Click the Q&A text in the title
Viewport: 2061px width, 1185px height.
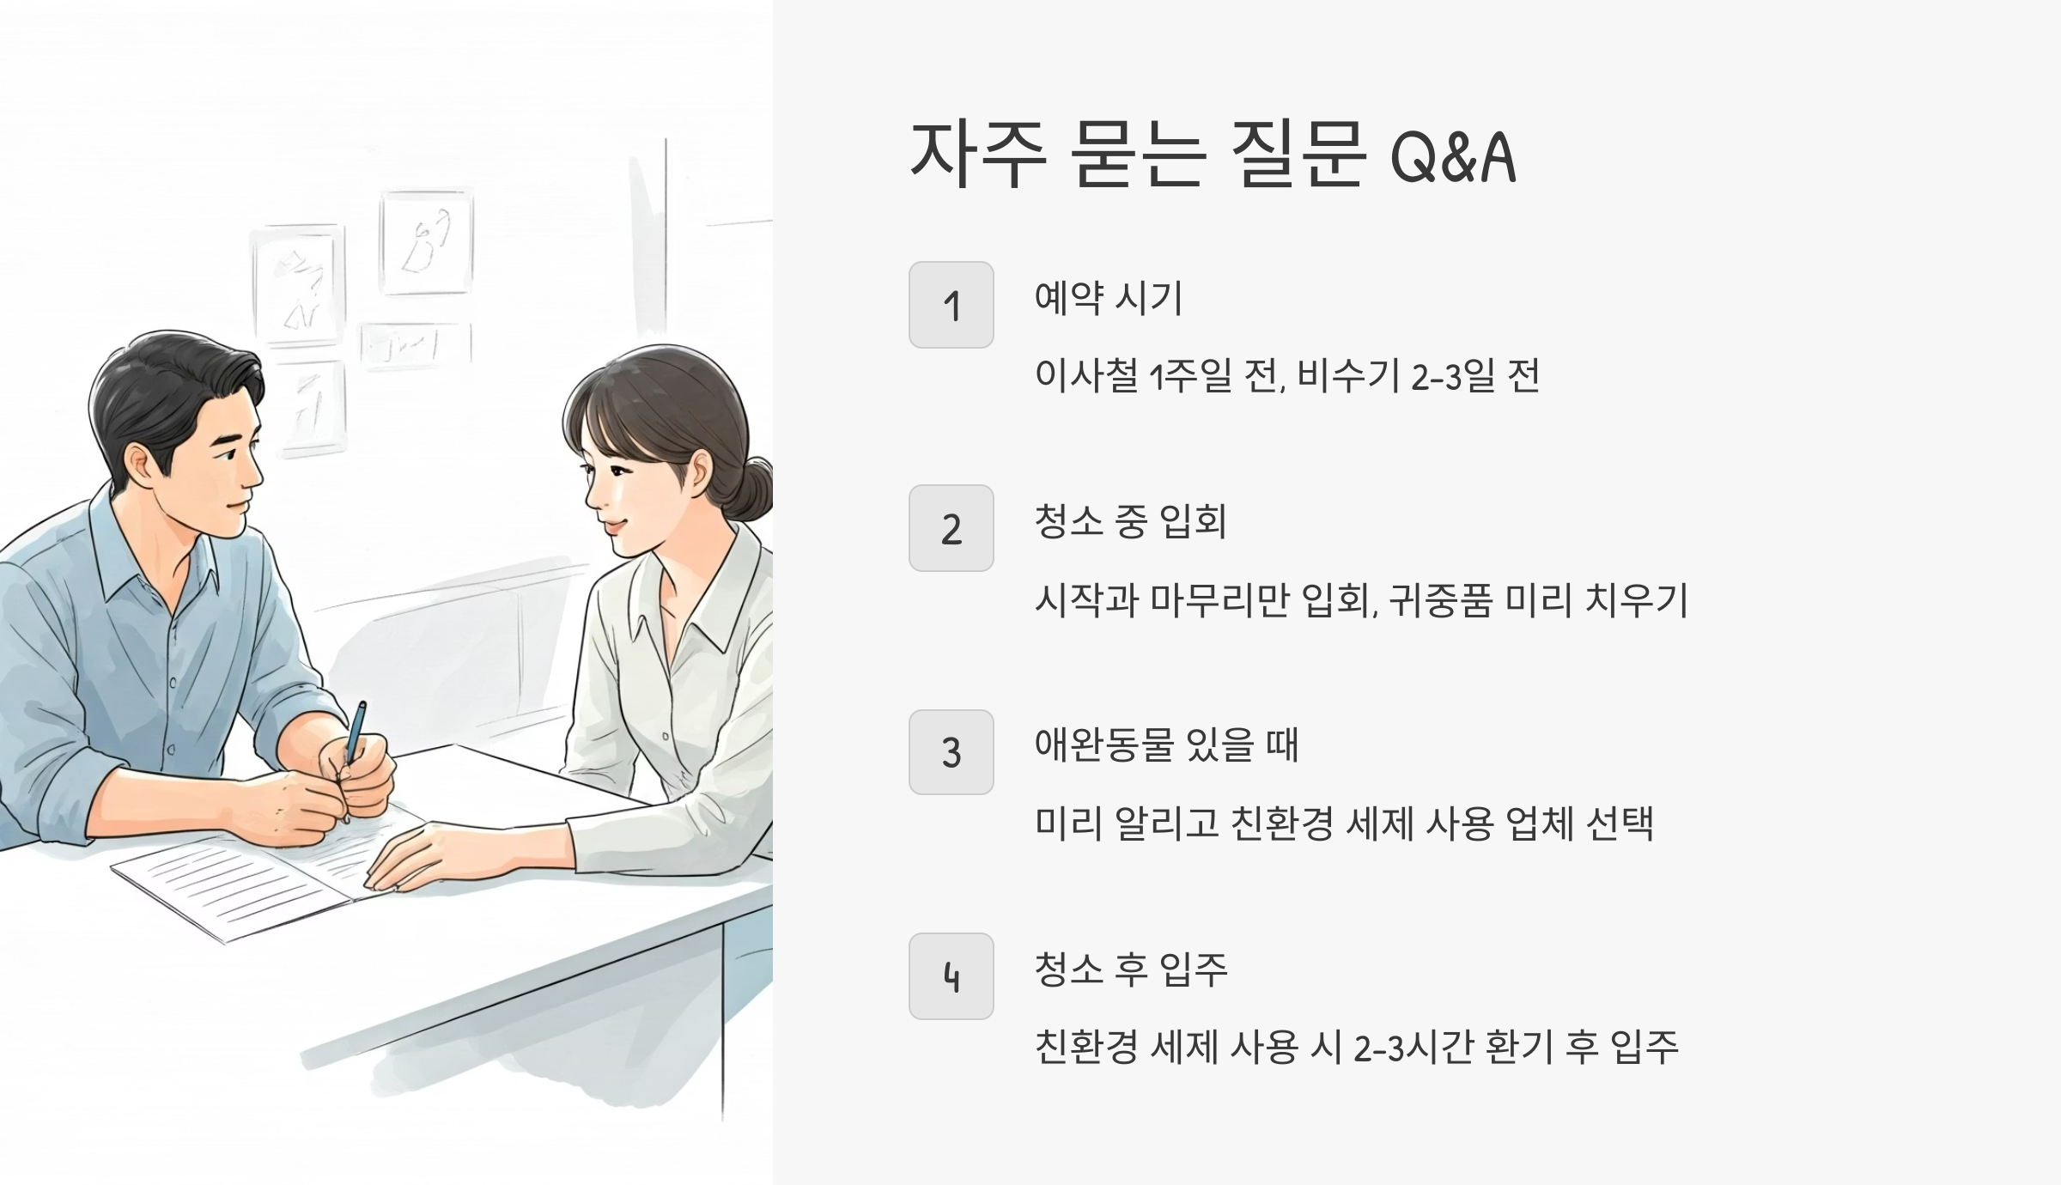(1453, 158)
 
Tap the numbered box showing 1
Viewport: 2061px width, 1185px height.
(951, 305)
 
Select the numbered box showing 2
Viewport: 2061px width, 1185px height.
(951, 528)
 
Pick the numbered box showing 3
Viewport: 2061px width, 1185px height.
(951, 752)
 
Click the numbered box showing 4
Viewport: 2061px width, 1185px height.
(951, 976)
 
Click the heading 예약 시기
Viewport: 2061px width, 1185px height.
(1109, 298)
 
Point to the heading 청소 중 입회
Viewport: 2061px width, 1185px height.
(1130, 521)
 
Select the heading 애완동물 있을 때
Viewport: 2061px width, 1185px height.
(1166, 745)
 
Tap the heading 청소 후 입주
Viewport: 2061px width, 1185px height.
(1130, 969)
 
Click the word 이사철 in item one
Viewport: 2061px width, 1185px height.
(1086, 376)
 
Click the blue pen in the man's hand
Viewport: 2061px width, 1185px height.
(355, 734)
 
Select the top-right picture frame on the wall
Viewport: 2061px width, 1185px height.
(427, 243)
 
